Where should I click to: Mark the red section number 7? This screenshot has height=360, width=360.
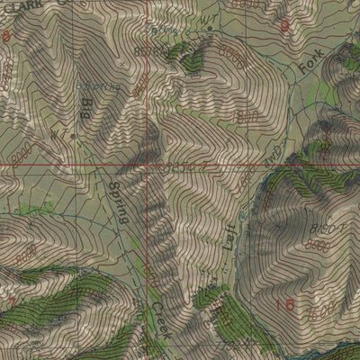(x=13, y=298)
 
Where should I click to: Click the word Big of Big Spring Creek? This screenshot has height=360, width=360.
(x=87, y=110)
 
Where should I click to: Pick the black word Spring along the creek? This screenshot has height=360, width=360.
(x=118, y=201)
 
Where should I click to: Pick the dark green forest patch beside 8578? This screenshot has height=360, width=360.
(x=191, y=59)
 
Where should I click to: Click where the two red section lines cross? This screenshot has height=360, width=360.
(x=150, y=166)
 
